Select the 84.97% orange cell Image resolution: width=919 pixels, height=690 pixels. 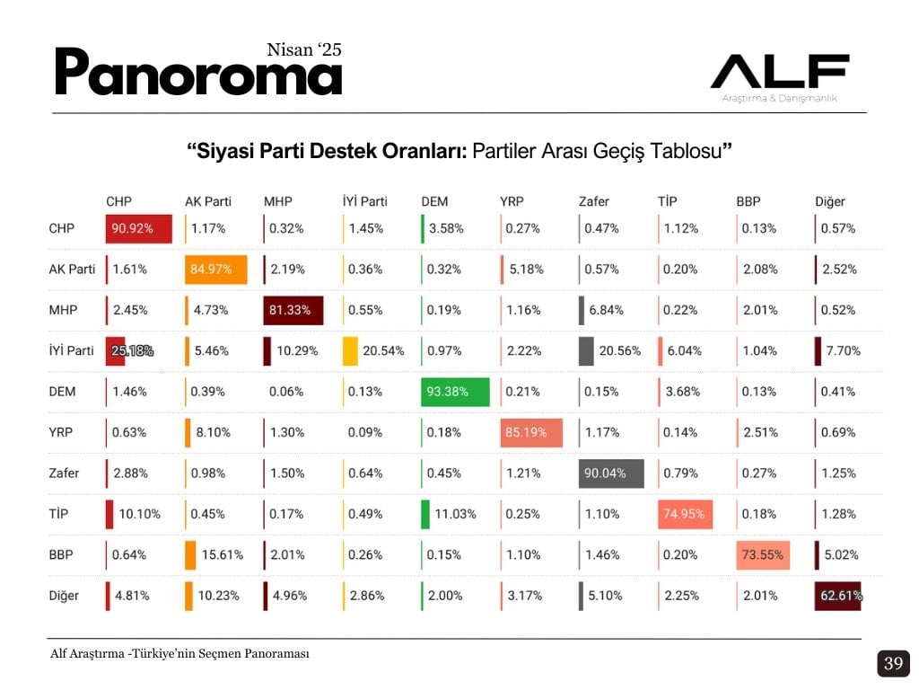click(215, 270)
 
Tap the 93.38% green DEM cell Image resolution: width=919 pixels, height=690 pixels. click(455, 392)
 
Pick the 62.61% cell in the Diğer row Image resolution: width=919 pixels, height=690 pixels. click(838, 596)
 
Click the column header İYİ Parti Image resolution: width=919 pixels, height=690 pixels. click(364, 201)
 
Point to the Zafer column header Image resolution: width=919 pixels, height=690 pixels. click(593, 201)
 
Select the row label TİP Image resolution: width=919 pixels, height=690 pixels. click(60, 514)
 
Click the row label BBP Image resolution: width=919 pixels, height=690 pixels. click(61, 554)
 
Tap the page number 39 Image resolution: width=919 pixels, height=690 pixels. click(893, 664)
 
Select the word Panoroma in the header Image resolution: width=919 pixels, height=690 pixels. click(198, 74)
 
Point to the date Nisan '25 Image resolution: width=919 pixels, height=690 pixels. click(304, 49)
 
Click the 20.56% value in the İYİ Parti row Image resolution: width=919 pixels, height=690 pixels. click(619, 350)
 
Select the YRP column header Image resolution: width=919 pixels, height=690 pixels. click(512, 201)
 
